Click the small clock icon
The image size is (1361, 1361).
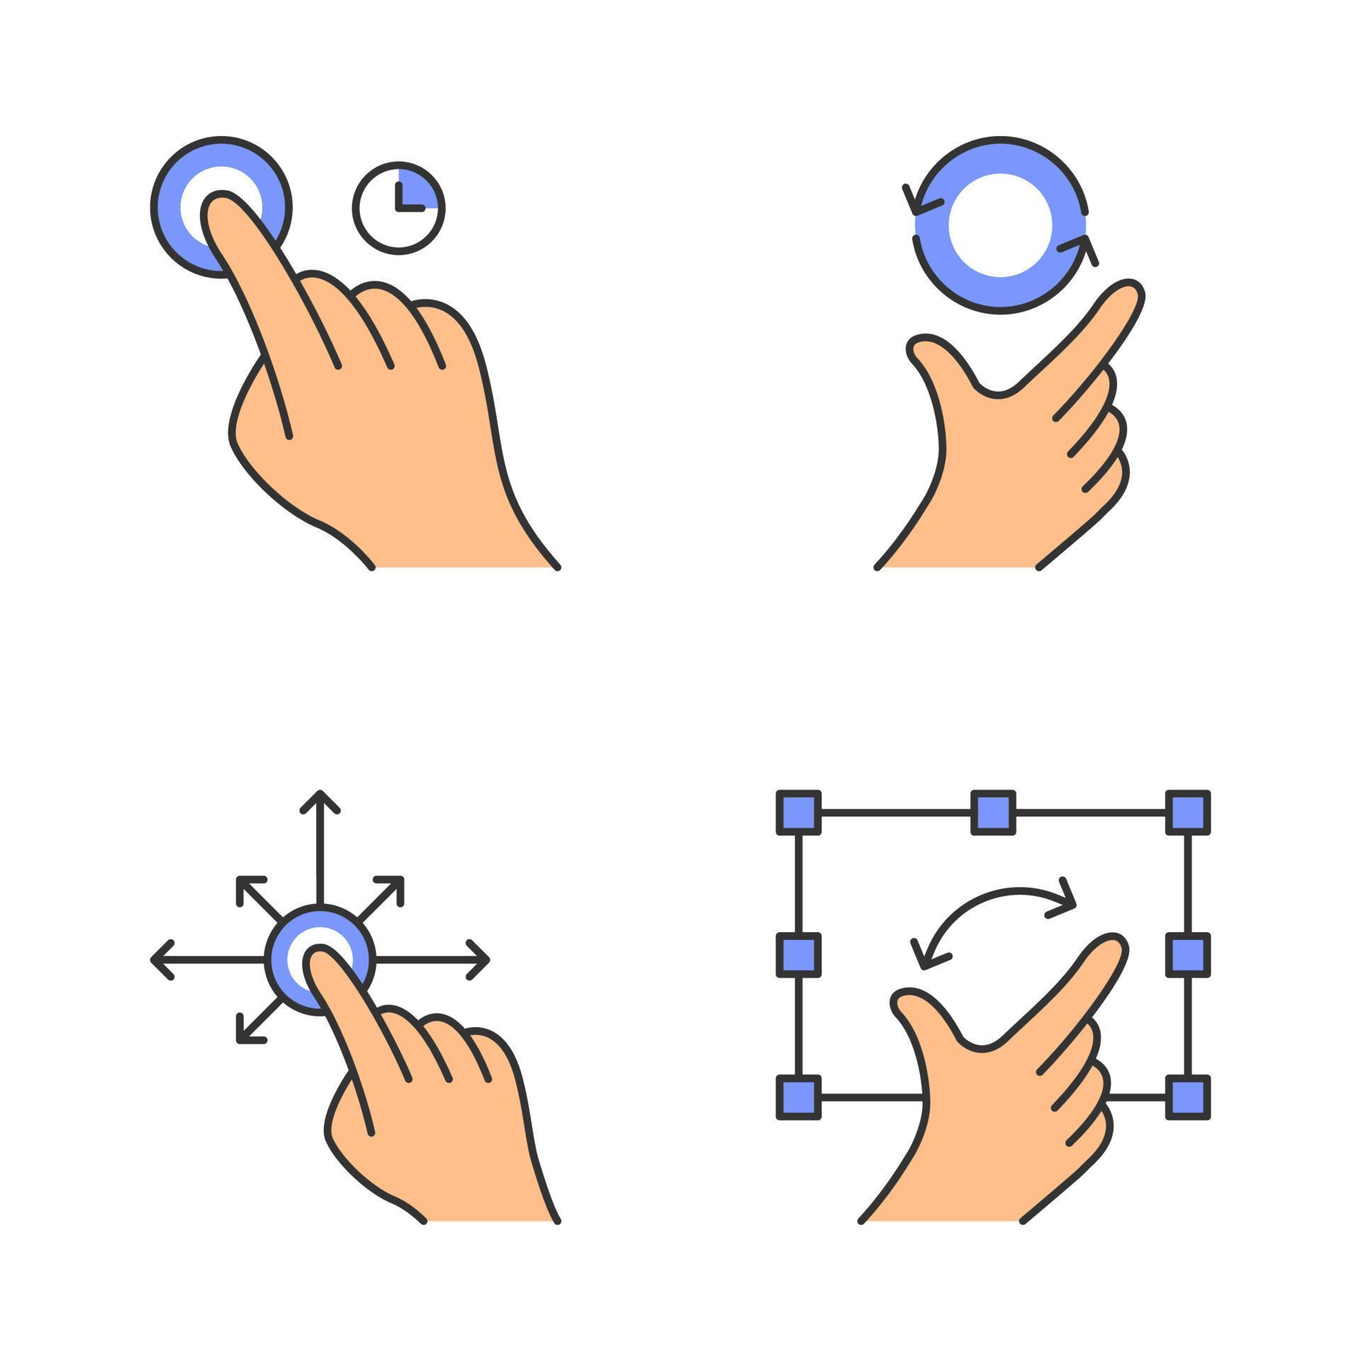(398, 208)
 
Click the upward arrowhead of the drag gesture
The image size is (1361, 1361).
(320, 799)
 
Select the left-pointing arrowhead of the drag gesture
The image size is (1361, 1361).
(160, 960)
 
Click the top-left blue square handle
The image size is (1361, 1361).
(798, 812)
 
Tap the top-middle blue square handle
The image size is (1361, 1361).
(992, 812)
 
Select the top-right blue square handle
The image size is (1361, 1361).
(1187, 812)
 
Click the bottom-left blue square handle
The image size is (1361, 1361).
(798, 1097)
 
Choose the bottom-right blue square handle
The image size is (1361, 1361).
(1187, 1097)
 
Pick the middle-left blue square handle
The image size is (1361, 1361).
(798, 955)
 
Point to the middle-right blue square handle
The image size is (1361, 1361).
(1187, 955)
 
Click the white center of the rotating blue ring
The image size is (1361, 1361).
(999, 225)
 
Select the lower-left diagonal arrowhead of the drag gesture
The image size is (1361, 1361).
(245, 1035)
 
